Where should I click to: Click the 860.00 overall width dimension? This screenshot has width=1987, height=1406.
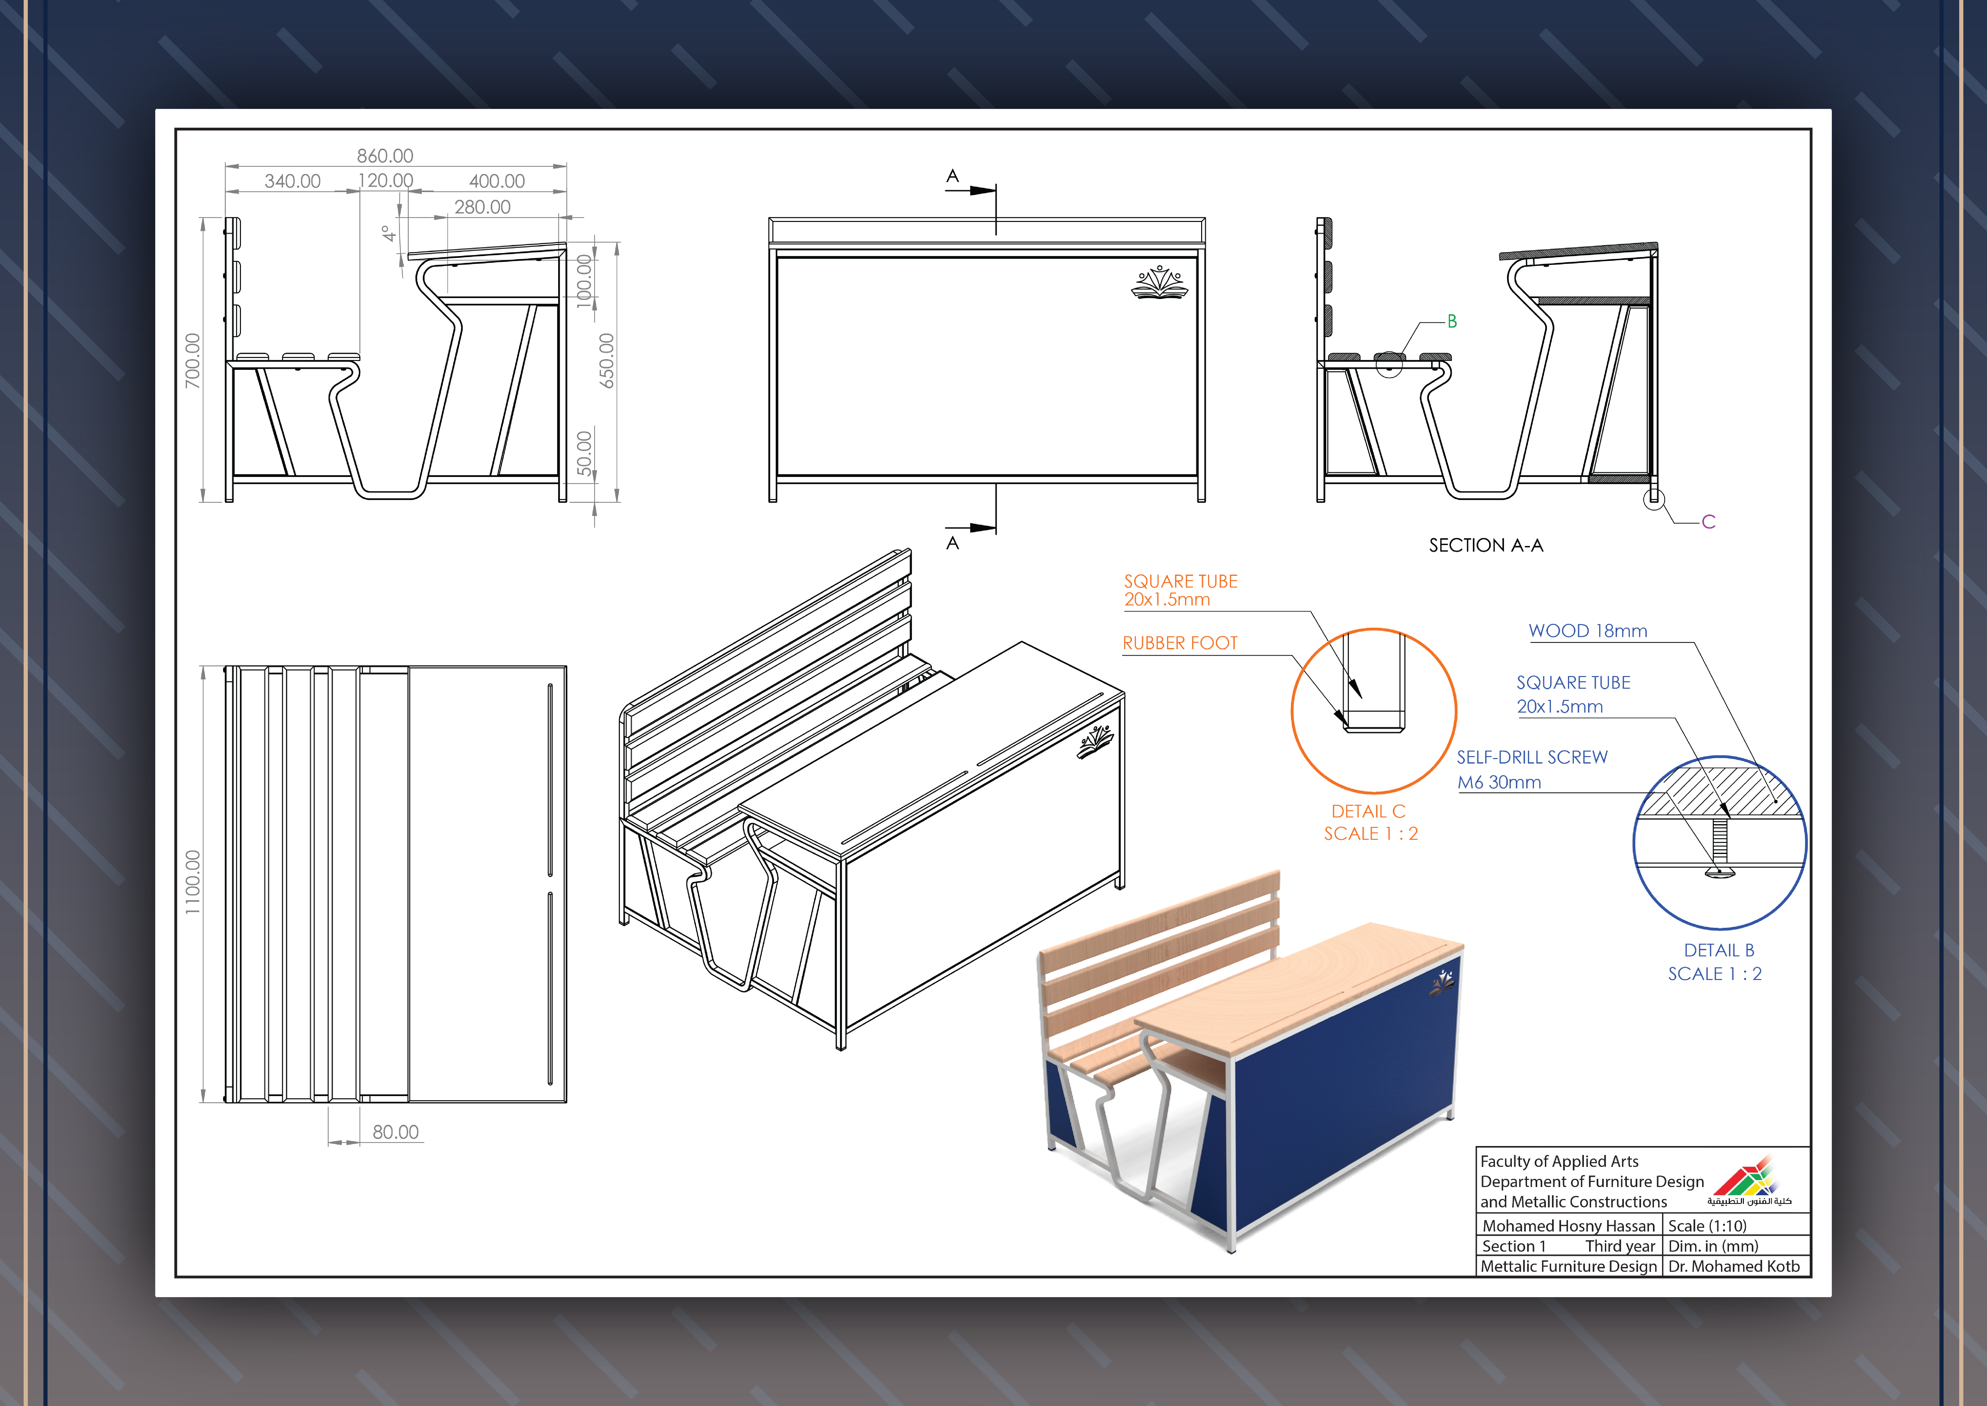[x=385, y=156]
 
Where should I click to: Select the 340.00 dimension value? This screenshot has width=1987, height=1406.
[x=293, y=181]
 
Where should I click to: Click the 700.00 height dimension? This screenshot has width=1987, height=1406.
[x=192, y=360]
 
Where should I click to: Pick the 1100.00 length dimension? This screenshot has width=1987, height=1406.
[x=192, y=881]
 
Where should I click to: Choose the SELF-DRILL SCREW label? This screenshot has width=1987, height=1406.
[x=1532, y=758]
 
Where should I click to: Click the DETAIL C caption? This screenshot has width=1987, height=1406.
[x=1368, y=811]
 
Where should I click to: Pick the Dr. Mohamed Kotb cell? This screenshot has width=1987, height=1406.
[x=1733, y=1267]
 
